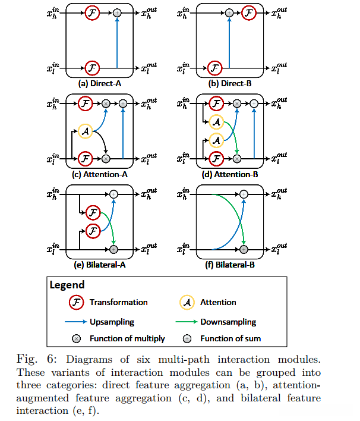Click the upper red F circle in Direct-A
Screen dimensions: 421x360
tap(92, 12)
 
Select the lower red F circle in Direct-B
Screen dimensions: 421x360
tap(217, 67)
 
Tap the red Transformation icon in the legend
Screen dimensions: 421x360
tap(75, 302)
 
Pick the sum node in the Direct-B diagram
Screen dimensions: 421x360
tap(229, 12)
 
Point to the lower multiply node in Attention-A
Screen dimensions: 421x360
tap(106, 159)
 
